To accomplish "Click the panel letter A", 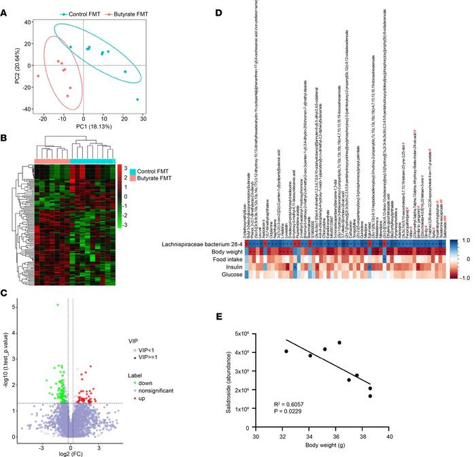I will click(x=7, y=7).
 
